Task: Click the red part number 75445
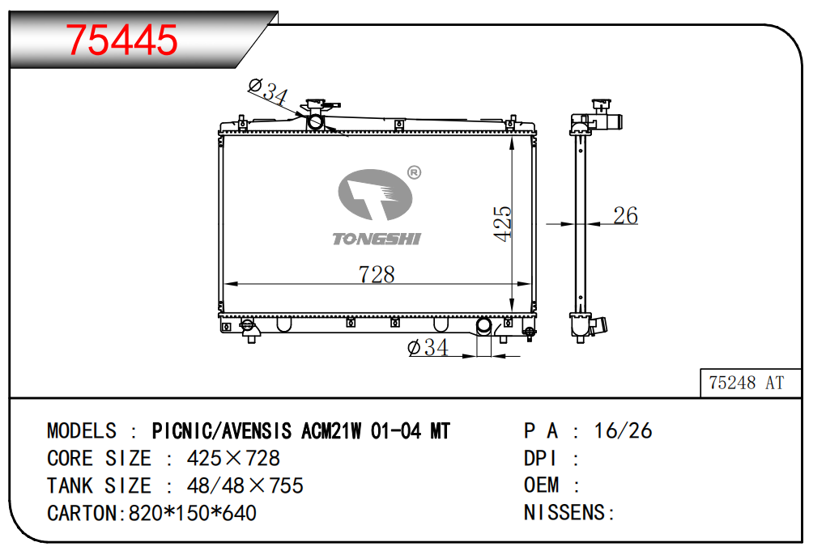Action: pyautogui.click(x=121, y=40)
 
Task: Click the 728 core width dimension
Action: pyautogui.click(x=377, y=274)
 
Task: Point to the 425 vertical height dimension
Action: pyautogui.click(x=502, y=223)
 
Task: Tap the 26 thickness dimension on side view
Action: pyautogui.click(x=625, y=215)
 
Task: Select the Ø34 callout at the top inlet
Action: pyautogui.click(x=268, y=91)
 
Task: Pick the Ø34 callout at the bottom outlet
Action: pyautogui.click(x=428, y=347)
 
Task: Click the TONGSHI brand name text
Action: pyautogui.click(x=377, y=239)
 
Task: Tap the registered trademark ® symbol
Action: pyautogui.click(x=415, y=172)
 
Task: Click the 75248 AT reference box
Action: pyautogui.click(x=751, y=383)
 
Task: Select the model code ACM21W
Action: pyautogui.click(x=331, y=431)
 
